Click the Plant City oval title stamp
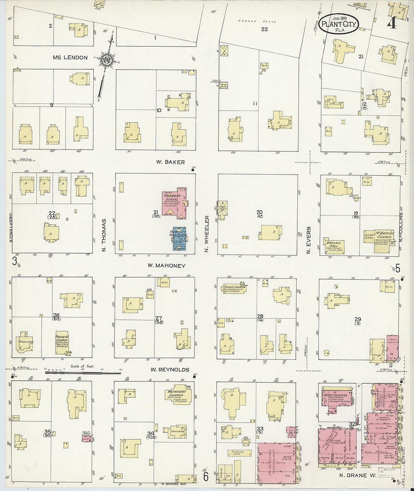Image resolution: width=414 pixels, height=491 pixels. [339, 24]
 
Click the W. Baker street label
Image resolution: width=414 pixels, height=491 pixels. [170, 162]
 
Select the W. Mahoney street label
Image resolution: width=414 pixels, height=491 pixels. [166, 266]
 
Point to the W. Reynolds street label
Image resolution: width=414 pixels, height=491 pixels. [170, 370]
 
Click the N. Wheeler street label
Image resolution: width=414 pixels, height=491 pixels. [207, 234]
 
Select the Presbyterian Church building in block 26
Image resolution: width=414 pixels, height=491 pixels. [61, 342]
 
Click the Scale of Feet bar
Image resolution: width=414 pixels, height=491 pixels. [83, 372]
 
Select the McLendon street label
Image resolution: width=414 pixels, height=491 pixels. [70, 58]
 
